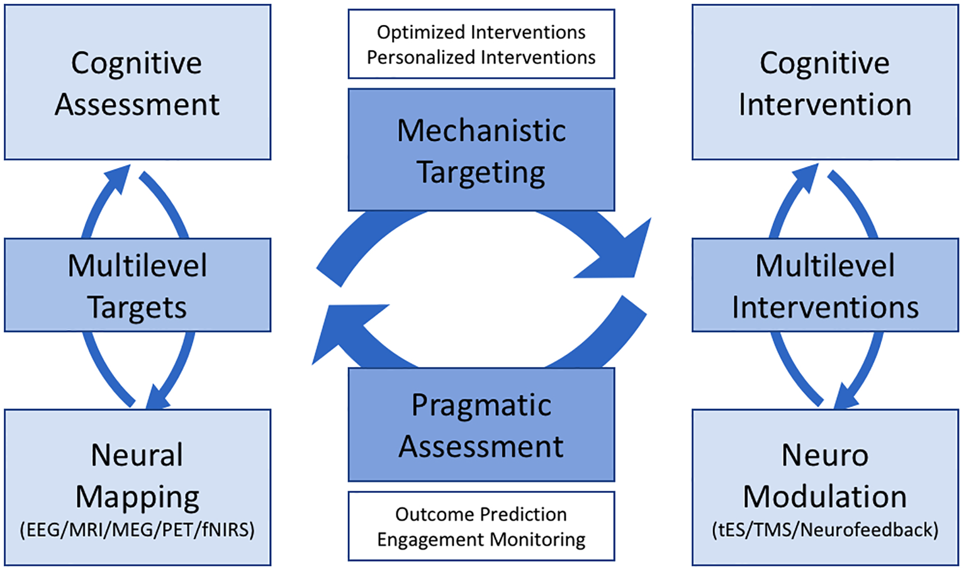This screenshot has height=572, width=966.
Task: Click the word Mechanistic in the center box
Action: click(481, 131)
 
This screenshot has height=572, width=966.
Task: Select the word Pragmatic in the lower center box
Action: click(481, 405)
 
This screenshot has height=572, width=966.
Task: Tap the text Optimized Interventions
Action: click(481, 32)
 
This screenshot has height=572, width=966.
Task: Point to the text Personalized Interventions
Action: click(481, 57)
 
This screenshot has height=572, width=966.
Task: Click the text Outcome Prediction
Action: click(481, 514)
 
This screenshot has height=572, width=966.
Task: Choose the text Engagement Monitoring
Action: click(481, 539)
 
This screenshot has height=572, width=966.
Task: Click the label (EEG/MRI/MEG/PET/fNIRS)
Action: click(137, 530)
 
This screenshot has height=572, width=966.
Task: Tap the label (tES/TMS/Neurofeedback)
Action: click(825, 530)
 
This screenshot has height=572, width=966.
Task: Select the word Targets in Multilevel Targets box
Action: click(137, 308)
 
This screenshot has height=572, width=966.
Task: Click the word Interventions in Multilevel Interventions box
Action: click(825, 308)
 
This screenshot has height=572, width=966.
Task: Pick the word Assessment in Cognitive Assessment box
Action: click(137, 104)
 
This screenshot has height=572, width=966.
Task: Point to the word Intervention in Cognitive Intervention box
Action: click(825, 104)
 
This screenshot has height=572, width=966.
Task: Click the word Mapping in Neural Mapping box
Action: click(137, 497)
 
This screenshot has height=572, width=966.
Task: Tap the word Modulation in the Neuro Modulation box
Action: click(825, 497)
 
